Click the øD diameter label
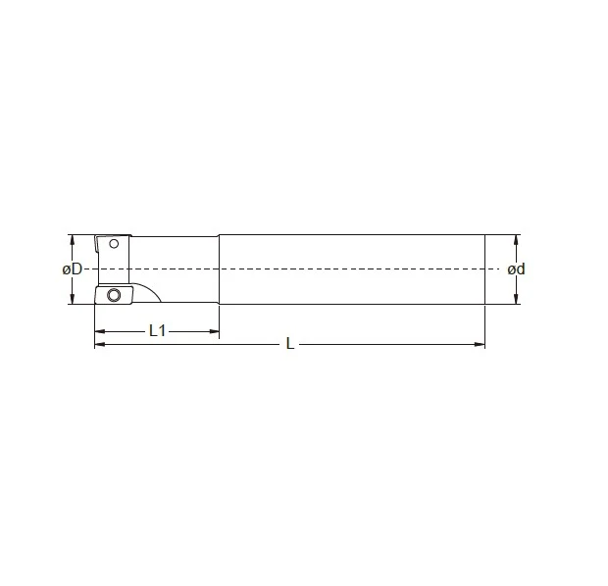click(73, 269)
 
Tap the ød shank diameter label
click(516, 269)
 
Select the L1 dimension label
click(158, 331)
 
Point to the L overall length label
click(289, 343)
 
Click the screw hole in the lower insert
click(114, 295)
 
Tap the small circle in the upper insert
click(114, 244)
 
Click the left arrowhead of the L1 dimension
click(100, 331)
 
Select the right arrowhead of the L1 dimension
click(214, 331)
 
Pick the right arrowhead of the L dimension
click(480, 344)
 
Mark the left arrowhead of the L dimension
click(100, 344)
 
